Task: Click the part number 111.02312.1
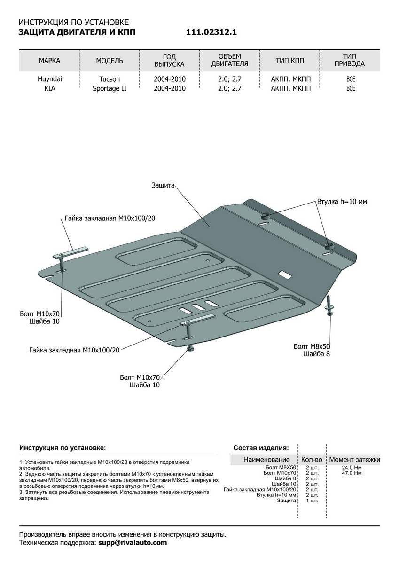[x=211, y=32]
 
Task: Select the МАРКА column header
[x=49, y=61]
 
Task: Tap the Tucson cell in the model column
[x=110, y=79]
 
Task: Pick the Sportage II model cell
[x=110, y=88]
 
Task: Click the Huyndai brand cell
[x=49, y=79]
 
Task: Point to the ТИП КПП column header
[x=289, y=61]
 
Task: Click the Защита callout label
[x=163, y=185]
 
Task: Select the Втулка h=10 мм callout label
[x=342, y=202]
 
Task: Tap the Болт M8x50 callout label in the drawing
[x=311, y=346]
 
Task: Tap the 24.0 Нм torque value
[x=352, y=468]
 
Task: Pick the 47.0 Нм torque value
[x=352, y=473]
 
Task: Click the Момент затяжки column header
[x=354, y=459]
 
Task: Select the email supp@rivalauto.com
[x=132, y=543]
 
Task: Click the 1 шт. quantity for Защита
[x=312, y=501]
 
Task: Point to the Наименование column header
[x=266, y=459]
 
